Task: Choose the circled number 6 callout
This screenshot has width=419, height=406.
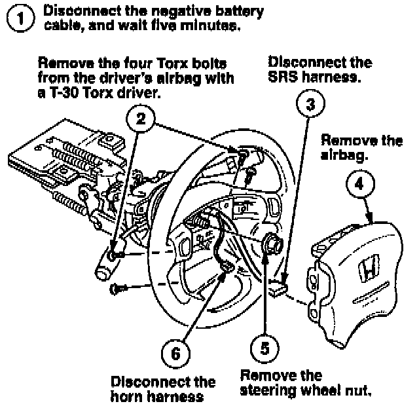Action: tap(174, 352)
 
